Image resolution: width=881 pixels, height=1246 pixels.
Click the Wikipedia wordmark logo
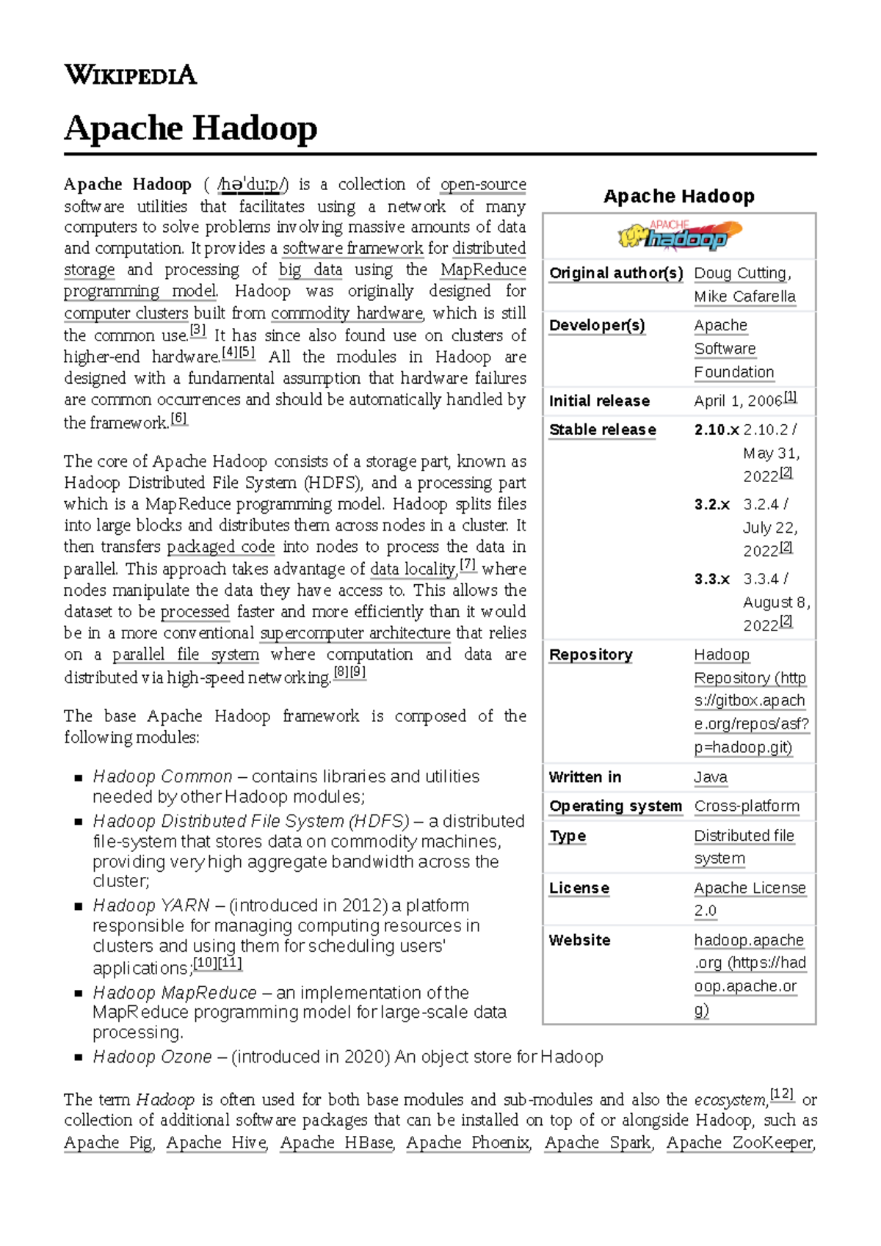[x=130, y=74]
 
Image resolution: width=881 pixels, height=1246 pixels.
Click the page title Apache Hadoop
[x=190, y=128]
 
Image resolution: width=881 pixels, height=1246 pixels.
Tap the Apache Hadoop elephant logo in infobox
[x=679, y=235]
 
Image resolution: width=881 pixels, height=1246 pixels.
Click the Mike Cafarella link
[x=744, y=296]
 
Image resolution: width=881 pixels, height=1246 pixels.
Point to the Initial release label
[x=599, y=401]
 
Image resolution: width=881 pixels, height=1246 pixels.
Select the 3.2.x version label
[x=711, y=505]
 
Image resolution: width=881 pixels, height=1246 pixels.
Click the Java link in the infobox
[x=710, y=777]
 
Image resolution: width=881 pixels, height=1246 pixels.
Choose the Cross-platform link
[x=746, y=806]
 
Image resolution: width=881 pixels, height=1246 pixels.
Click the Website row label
[x=579, y=940]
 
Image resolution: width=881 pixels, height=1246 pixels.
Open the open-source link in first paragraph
[x=482, y=184]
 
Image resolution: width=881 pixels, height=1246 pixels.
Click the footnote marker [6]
[x=178, y=419]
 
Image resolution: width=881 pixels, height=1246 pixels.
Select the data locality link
[x=413, y=569]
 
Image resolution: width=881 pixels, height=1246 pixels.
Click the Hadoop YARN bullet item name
[x=151, y=906]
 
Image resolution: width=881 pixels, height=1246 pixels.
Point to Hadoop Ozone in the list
[x=152, y=1057]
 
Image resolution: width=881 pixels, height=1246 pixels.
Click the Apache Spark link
[x=598, y=1143]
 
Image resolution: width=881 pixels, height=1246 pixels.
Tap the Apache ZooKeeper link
[x=740, y=1143]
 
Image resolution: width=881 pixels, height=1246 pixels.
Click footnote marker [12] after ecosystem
[x=782, y=1094]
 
